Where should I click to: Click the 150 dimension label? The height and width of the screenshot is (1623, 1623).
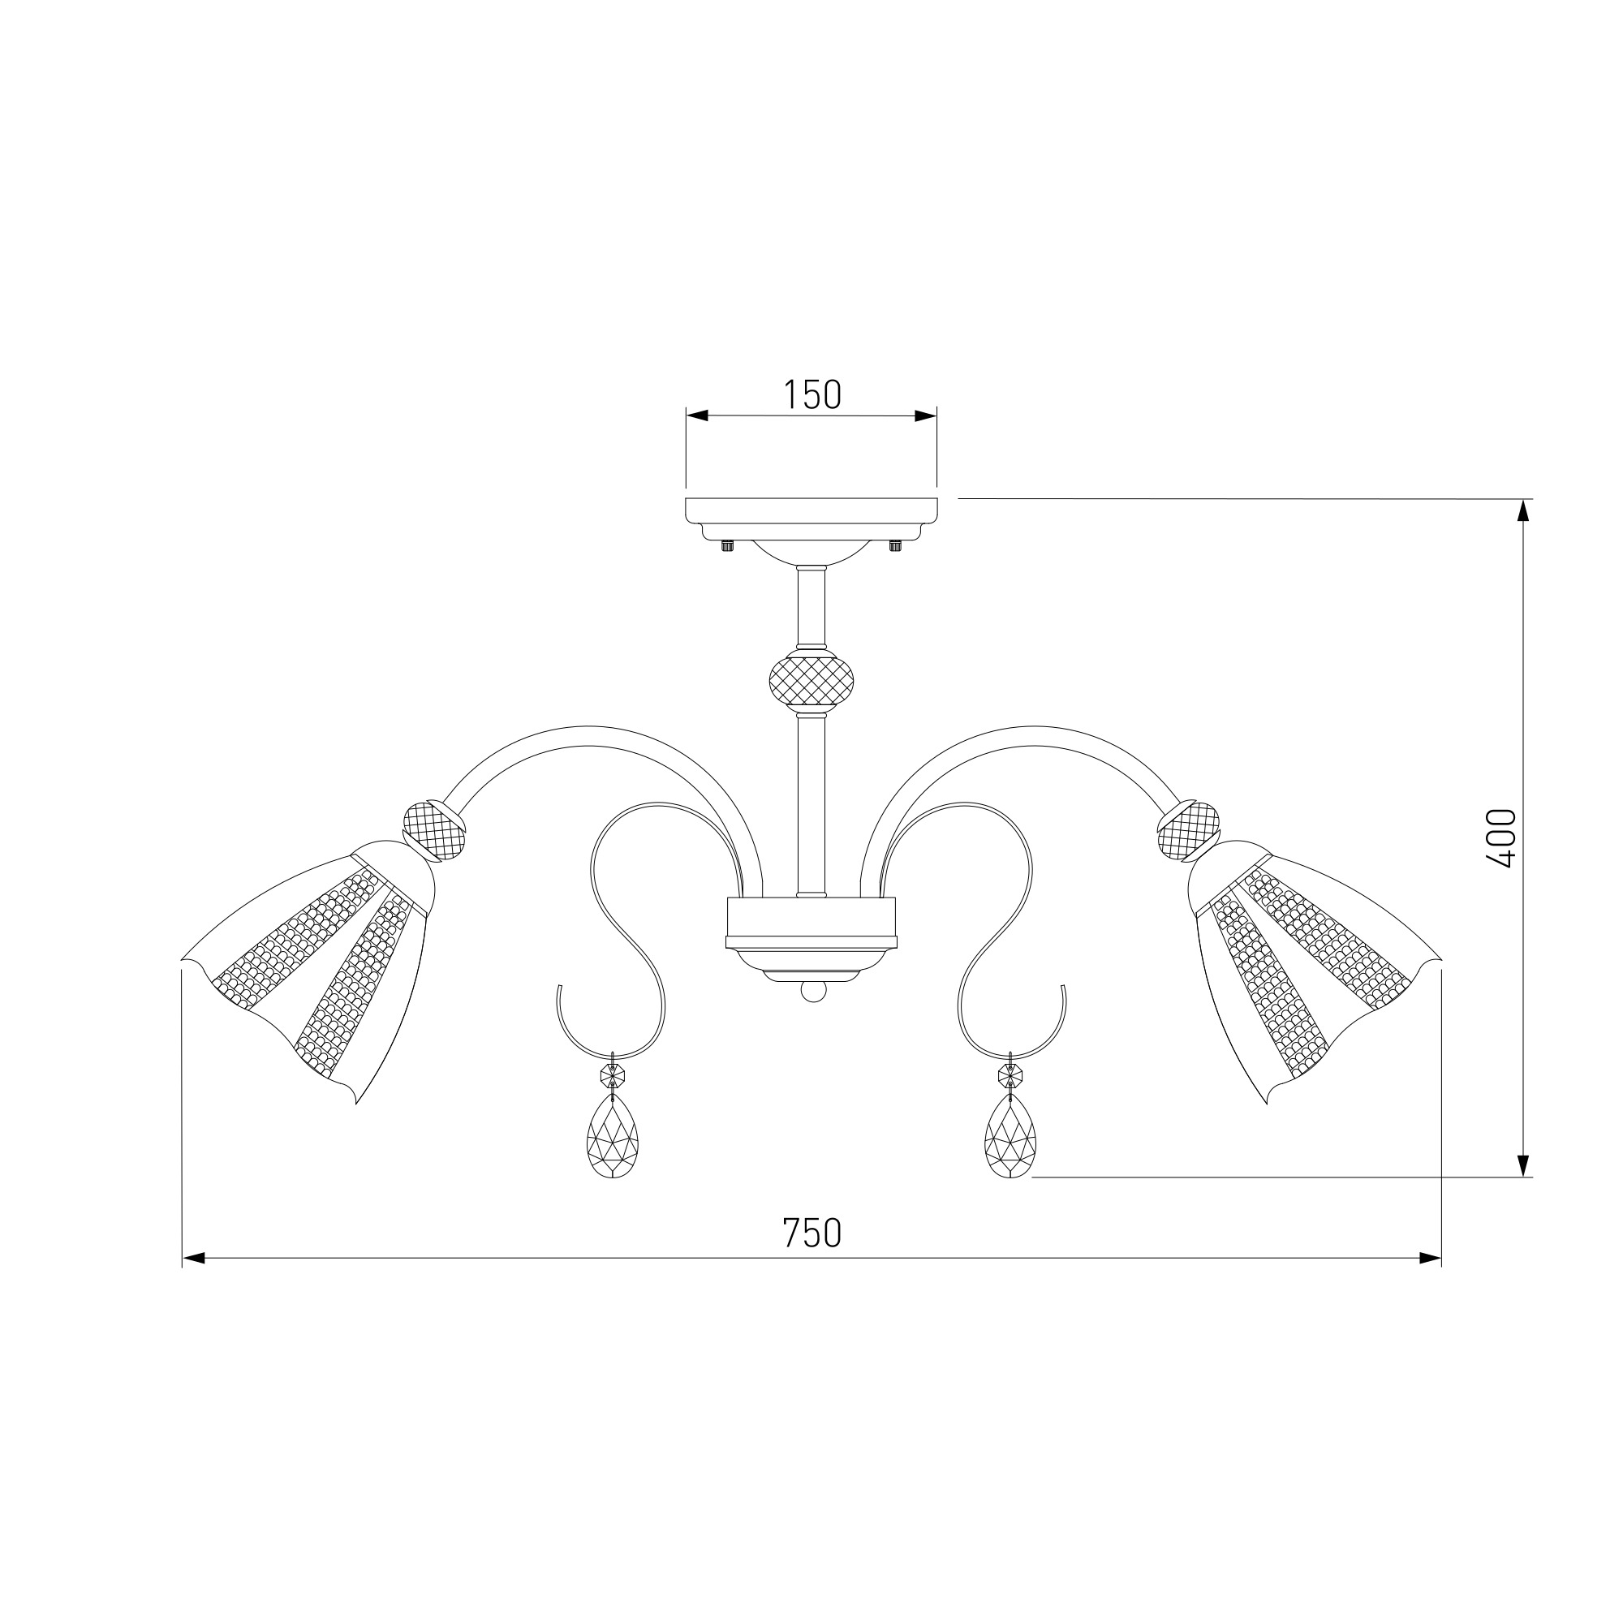811,394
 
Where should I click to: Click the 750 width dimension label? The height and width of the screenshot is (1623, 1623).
811,1233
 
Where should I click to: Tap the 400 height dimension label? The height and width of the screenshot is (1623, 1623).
1500,838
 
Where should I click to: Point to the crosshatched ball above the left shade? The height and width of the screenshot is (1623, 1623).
434,831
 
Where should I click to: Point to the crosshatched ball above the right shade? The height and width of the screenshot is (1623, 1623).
1189,831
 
